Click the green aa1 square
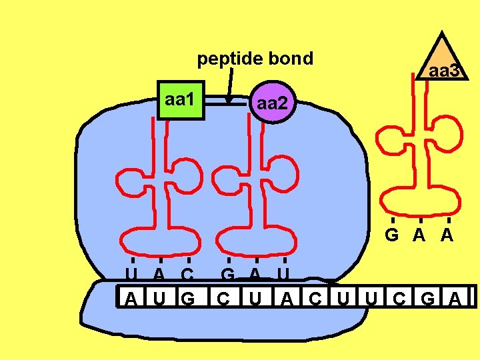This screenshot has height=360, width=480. (x=180, y=101)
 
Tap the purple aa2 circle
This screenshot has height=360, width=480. (x=271, y=103)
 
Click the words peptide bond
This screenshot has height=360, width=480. (x=255, y=59)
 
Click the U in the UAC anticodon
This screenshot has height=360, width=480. (x=132, y=273)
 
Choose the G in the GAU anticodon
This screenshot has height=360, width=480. (x=228, y=273)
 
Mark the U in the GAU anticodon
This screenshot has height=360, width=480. (x=284, y=273)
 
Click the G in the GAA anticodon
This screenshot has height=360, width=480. (x=392, y=235)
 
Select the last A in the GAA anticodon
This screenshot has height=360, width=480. (x=447, y=235)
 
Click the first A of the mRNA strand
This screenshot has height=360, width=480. (x=132, y=298)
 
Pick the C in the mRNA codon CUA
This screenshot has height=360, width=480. (x=225, y=298)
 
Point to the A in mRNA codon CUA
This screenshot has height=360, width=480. (x=286, y=298)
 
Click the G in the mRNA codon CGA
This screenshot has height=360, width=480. (x=427, y=298)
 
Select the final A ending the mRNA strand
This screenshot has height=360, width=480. (x=456, y=298)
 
